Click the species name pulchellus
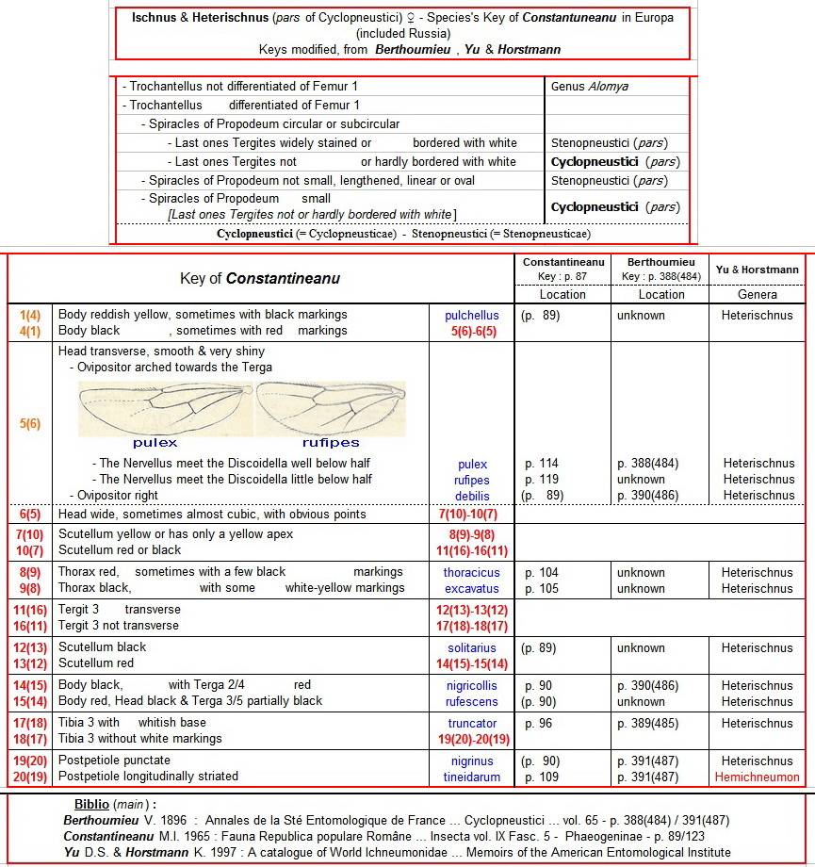click(x=472, y=316)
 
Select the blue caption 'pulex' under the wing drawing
click(x=155, y=441)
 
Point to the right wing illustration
click(x=330, y=407)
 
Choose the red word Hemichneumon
click(x=757, y=777)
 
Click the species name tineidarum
click(x=472, y=777)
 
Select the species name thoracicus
click(x=472, y=573)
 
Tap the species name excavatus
click(x=472, y=589)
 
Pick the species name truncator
click(x=472, y=724)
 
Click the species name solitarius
click(x=472, y=648)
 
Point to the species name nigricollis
click(x=472, y=686)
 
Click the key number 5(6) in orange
click(x=30, y=424)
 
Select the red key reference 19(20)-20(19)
click(x=472, y=740)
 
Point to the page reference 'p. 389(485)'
click(x=647, y=724)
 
